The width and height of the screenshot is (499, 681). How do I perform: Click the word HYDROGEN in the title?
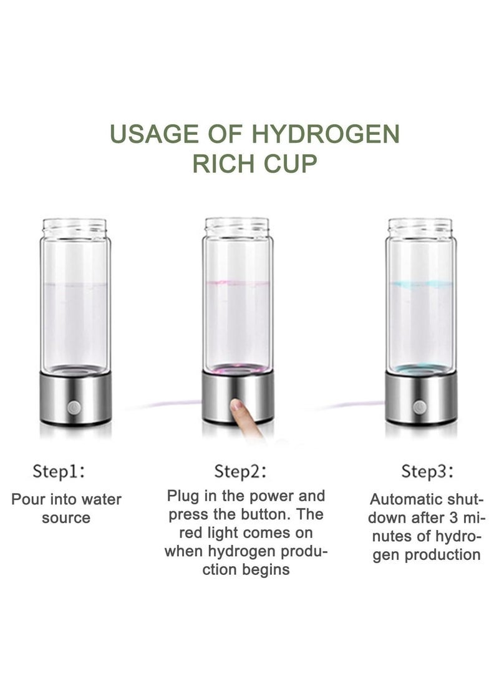326,135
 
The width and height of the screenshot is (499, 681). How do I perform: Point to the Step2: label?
240,471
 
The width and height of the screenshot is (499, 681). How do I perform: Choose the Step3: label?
427,471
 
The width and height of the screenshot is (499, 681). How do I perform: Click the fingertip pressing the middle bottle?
237,406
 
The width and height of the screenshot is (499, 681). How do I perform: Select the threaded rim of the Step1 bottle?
75,226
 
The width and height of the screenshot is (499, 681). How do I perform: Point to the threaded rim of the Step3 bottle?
420,226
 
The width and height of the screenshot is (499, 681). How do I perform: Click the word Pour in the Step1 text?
27,500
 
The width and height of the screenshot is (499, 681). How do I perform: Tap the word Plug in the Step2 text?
182,496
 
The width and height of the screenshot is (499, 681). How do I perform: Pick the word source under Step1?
66,518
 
